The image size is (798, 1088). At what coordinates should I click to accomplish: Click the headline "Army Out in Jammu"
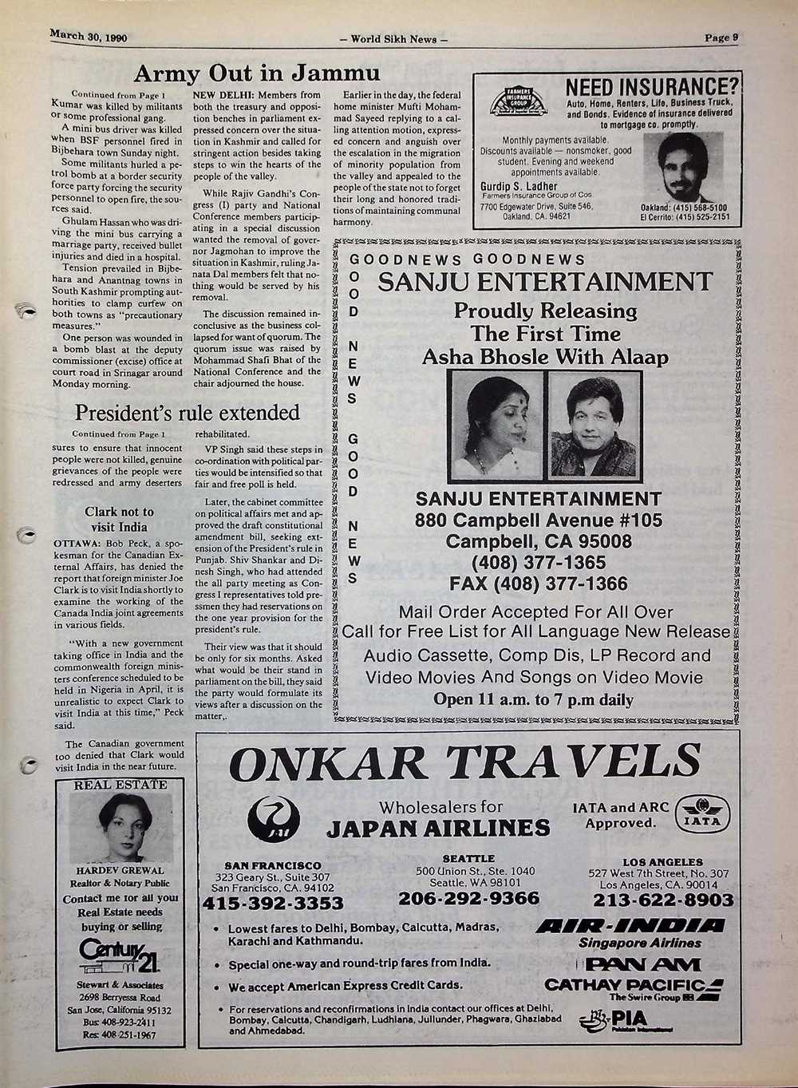point(256,74)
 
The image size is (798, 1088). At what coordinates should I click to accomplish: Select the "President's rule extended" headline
point(188,413)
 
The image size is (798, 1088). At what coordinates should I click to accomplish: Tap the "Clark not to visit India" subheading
point(119,519)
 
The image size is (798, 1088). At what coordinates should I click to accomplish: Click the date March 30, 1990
point(89,37)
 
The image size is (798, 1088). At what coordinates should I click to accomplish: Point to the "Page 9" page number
point(721,37)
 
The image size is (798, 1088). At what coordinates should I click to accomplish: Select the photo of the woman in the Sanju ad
point(496,425)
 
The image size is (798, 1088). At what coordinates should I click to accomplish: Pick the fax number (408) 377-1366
point(539,584)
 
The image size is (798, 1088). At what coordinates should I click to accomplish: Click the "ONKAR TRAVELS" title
point(464,762)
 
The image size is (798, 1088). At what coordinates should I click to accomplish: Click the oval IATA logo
point(701,814)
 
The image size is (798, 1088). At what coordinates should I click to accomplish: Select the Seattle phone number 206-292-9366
point(468,899)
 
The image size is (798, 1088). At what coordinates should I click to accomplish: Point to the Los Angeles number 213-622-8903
point(663,900)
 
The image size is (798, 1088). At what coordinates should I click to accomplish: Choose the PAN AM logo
point(634,963)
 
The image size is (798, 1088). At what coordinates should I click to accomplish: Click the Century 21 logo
point(120,956)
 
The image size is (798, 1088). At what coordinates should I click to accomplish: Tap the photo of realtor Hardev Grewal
point(120,828)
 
